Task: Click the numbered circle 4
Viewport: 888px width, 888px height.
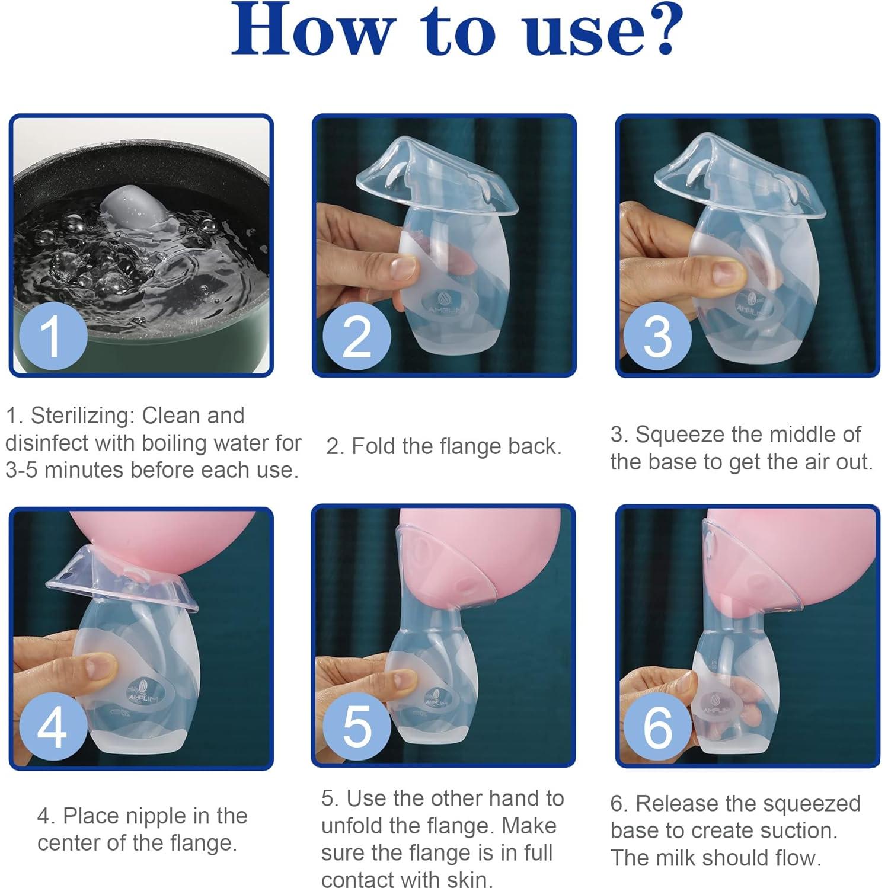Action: click(x=53, y=727)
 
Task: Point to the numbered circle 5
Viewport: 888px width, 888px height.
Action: click(x=357, y=727)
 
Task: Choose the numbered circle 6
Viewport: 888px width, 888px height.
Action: click(x=658, y=727)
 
